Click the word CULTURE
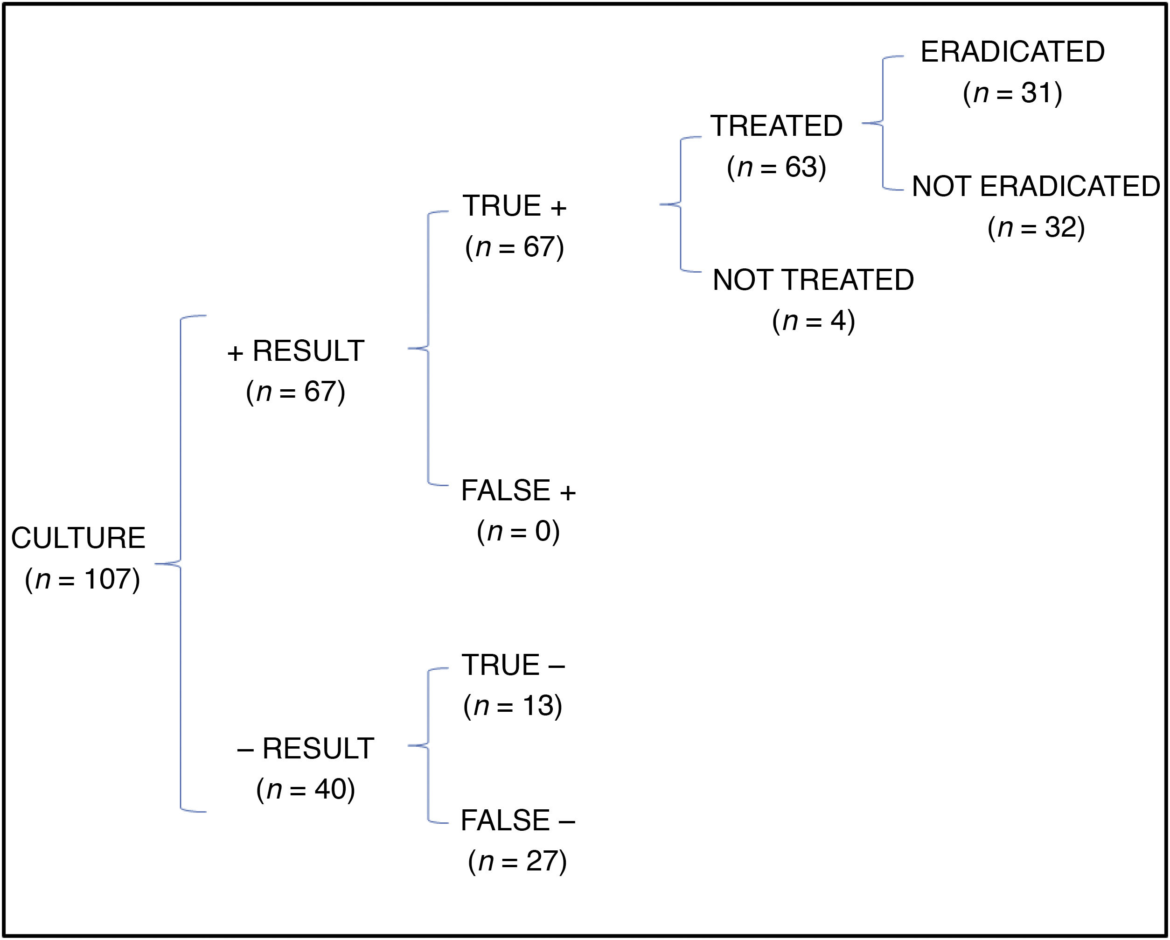[78, 538]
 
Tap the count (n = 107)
[83, 579]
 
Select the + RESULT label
[296, 351]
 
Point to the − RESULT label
[306, 748]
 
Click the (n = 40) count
[306, 789]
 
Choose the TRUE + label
[515, 206]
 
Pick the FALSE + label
[518, 491]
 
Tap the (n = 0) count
[518, 531]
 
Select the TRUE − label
[513, 665]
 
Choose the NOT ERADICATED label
[1036, 186]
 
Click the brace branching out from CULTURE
[180, 564]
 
